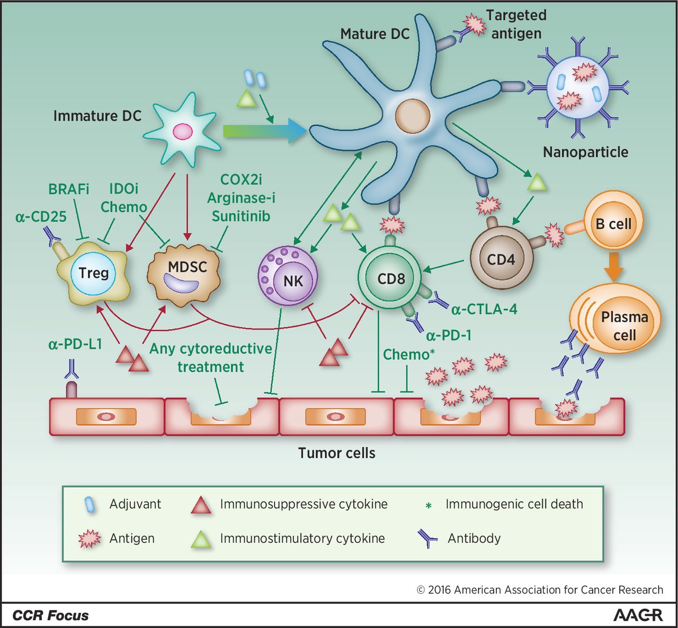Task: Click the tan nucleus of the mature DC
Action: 412,115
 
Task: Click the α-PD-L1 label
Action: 75,344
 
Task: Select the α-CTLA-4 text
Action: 484,308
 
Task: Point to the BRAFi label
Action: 69,189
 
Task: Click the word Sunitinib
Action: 241,216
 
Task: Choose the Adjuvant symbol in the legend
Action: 90,505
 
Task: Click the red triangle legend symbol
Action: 201,505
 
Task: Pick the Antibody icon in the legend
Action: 427,539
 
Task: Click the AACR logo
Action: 638,615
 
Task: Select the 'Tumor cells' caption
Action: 337,453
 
